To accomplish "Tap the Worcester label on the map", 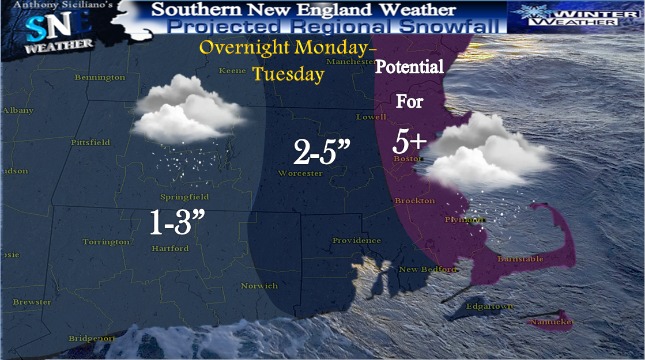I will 300,173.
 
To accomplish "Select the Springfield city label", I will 184,197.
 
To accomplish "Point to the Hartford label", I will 169,249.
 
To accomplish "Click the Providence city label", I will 356,240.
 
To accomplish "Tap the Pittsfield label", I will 90,142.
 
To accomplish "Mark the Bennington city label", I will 100,77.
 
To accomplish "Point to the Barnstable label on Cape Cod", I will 520,259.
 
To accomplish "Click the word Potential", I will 409,67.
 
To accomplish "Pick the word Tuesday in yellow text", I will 288,74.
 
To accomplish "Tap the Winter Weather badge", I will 575,15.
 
